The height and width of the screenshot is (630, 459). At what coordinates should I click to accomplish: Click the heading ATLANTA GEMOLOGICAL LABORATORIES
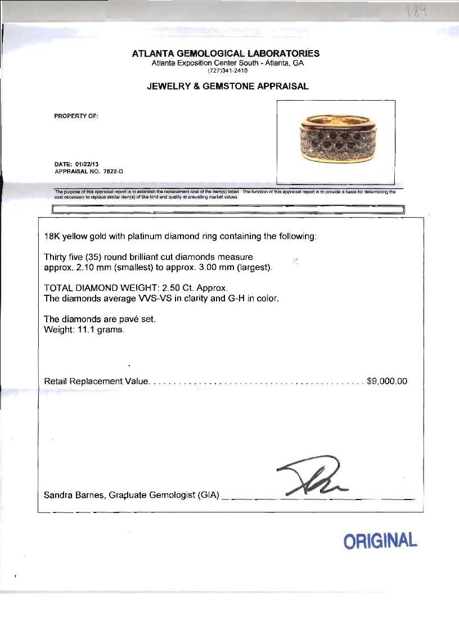click(226, 53)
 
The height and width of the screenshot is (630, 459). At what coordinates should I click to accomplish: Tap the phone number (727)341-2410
click(227, 71)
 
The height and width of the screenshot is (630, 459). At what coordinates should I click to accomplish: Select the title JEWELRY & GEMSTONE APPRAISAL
click(227, 87)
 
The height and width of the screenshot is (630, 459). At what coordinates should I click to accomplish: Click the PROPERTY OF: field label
click(76, 116)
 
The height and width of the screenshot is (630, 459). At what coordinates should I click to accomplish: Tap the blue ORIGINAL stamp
click(380, 541)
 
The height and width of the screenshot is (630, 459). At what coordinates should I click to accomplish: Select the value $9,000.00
click(386, 381)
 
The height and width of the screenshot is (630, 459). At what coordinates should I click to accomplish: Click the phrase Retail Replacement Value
click(96, 381)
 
